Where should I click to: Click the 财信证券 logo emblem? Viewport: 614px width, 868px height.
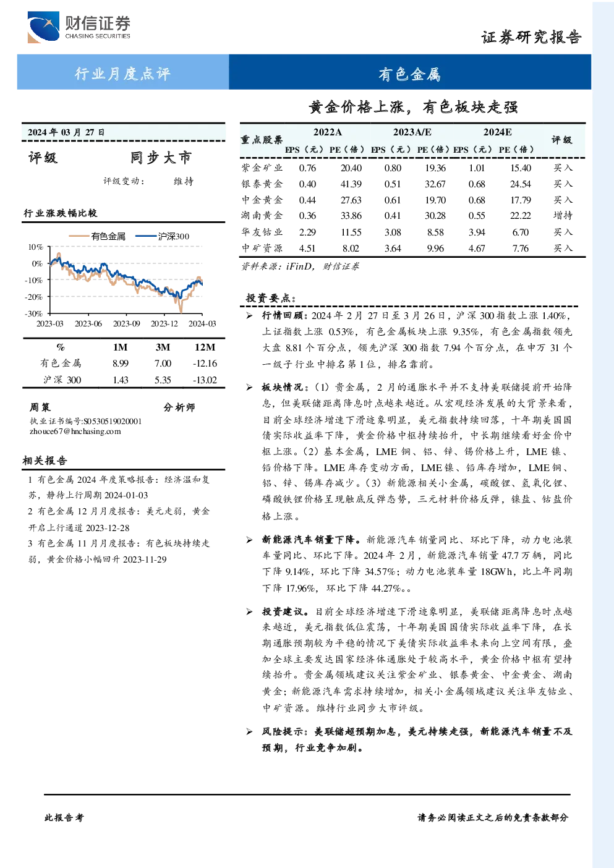click(43, 27)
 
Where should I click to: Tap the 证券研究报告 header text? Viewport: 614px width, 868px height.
click(531, 37)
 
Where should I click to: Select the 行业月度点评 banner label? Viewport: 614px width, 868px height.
click(122, 73)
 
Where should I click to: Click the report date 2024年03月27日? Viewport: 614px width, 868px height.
click(66, 132)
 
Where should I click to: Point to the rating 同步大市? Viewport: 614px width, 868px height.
click(161, 158)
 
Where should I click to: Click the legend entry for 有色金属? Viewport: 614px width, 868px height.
click(97, 236)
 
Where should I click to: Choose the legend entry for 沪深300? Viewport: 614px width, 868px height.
click(163, 236)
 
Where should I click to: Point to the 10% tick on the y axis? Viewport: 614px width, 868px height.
click(35, 247)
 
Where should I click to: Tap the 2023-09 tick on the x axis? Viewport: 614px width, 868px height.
click(126, 323)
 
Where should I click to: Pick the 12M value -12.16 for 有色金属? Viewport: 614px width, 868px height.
click(205, 363)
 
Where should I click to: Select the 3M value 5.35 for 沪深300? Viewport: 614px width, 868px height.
click(163, 380)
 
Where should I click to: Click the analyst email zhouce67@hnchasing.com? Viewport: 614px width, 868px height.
click(75, 432)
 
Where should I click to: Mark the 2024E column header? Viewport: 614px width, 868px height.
click(497, 132)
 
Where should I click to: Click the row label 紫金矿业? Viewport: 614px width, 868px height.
click(262, 168)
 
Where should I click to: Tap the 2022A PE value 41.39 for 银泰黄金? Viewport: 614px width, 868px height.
click(351, 184)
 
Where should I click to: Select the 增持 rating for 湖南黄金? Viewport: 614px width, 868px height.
click(563, 215)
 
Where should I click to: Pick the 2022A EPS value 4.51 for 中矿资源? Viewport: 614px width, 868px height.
click(307, 248)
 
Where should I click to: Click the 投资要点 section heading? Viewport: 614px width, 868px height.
click(271, 298)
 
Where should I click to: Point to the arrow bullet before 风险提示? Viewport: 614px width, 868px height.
click(249, 731)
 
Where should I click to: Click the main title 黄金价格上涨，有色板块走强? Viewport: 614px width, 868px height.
click(413, 107)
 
